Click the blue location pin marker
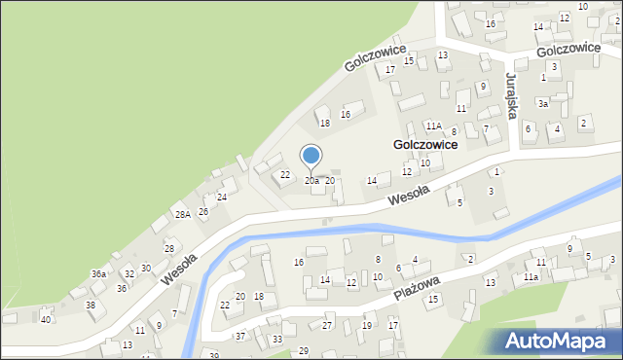(311, 156)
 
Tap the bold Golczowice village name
(425, 144)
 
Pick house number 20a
(311, 181)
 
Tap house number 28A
(182, 214)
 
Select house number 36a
(98, 274)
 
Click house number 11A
(434, 126)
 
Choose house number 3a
(544, 103)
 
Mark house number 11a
(531, 277)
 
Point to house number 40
(46, 319)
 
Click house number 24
(222, 198)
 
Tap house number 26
(203, 211)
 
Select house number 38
(91, 306)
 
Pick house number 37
(240, 336)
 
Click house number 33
(277, 339)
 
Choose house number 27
(328, 325)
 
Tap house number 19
(367, 325)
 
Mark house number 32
(128, 274)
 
